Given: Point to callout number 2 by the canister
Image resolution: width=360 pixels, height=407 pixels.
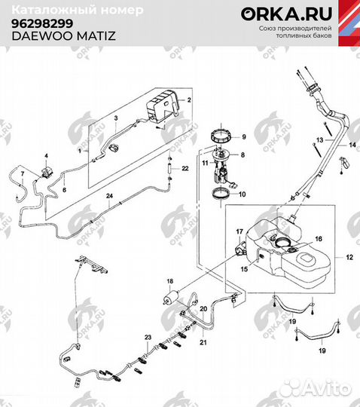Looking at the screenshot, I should tap(189, 99).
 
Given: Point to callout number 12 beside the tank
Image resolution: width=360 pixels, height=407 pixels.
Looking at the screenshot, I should tap(348, 258).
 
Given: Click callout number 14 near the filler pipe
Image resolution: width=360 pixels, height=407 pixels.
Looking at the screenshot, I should tap(351, 144).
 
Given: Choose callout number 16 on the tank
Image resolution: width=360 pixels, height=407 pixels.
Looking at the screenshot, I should tap(319, 238).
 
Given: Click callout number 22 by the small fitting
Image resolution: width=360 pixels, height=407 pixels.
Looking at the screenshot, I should tap(185, 171).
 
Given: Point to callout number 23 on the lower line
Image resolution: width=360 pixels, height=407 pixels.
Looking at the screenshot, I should tap(148, 336).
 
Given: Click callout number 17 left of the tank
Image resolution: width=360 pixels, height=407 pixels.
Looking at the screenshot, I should tap(239, 231).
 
